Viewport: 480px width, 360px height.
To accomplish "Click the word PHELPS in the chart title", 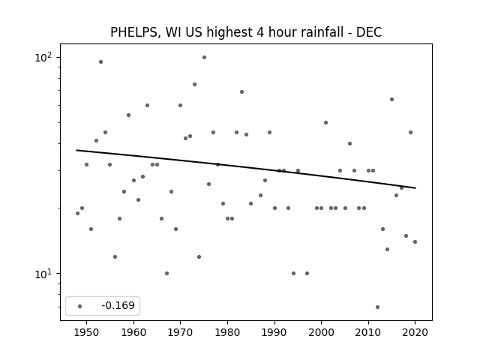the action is pyautogui.click(x=133, y=32).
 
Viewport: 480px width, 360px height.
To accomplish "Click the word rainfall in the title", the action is pyautogui.click(x=324, y=32).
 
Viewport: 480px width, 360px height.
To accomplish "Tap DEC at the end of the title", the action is pyautogui.click(x=369, y=32).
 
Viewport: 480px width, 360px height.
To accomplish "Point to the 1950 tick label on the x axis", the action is pyautogui.click(x=87, y=332).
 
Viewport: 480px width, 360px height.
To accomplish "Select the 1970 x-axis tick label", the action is pyautogui.click(x=180, y=332).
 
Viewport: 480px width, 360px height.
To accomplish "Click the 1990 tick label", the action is pyautogui.click(x=274, y=332).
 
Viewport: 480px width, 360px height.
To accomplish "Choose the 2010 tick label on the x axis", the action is pyautogui.click(x=368, y=332).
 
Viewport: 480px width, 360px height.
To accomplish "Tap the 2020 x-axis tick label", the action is pyautogui.click(x=415, y=332).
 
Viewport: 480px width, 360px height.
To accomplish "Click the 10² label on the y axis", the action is pyautogui.click(x=43, y=57).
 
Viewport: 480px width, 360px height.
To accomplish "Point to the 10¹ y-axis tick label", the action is pyautogui.click(x=43, y=274).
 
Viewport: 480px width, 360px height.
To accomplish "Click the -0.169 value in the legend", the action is pyautogui.click(x=118, y=305).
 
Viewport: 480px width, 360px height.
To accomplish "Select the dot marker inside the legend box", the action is pyautogui.click(x=80, y=306).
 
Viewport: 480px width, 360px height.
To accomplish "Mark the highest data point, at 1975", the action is pyautogui.click(x=204, y=57).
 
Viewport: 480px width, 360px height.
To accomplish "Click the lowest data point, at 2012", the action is pyautogui.click(x=377, y=307).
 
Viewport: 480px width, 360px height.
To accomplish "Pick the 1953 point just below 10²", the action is pyautogui.click(x=100, y=61).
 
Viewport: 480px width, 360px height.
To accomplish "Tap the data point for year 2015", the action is pyautogui.click(x=391, y=99).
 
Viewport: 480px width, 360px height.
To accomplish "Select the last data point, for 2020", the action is pyautogui.click(x=415, y=241).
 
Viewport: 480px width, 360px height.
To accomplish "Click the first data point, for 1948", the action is pyautogui.click(x=77, y=213).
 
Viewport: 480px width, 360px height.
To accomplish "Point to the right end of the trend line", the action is pyautogui.click(x=415, y=188).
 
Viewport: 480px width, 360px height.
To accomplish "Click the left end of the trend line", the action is pyautogui.click(x=76, y=150).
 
